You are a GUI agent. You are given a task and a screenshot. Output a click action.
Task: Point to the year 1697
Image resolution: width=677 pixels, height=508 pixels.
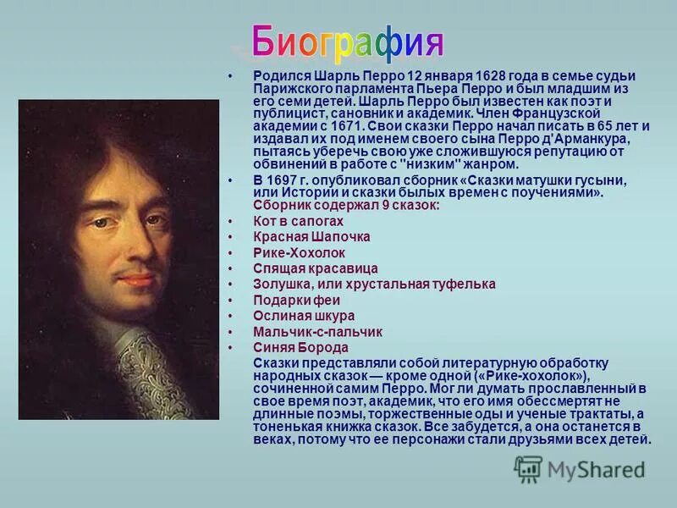283,181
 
